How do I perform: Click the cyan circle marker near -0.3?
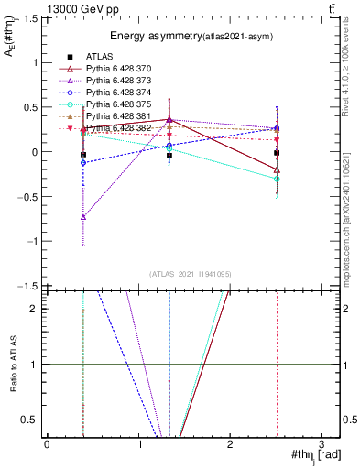[x=277, y=179]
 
